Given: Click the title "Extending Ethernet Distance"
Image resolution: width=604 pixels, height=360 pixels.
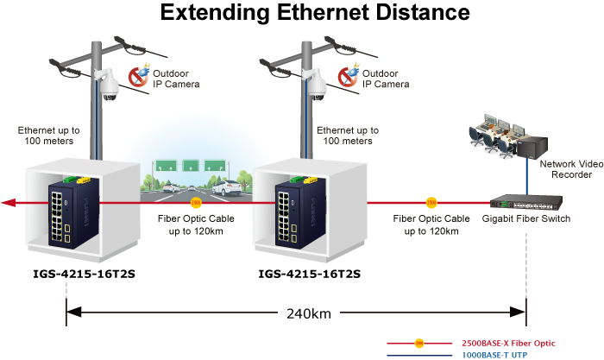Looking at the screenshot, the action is [x=315, y=12].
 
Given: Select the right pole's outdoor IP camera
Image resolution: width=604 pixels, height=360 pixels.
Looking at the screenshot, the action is [x=316, y=85].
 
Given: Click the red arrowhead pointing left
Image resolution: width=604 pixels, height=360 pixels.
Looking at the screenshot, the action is [x=9, y=202].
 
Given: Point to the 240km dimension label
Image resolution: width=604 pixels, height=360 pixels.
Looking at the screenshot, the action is [x=309, y=313].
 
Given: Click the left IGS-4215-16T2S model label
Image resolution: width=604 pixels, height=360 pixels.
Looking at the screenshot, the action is [x=84, y=274].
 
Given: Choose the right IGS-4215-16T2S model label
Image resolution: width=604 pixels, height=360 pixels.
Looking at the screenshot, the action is [x=309, y=274].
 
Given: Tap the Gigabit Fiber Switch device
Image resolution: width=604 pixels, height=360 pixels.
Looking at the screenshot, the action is [x=526, y=202].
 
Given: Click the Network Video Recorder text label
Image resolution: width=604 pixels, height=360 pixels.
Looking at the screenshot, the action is [x=571, y=169].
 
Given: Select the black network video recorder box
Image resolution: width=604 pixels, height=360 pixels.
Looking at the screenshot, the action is [x=532, y=147].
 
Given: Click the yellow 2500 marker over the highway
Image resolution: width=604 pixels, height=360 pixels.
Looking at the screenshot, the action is [x=196, y=203].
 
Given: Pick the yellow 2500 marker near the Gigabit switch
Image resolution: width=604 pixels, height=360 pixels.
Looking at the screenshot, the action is [x=431, y=203].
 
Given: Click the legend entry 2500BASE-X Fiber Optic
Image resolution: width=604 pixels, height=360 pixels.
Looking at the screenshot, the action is [x=508, y=343].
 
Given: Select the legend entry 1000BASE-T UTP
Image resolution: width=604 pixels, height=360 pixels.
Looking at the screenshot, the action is [x=494, y=355].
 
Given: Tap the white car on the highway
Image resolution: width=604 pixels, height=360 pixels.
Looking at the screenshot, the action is [x=227, y=187].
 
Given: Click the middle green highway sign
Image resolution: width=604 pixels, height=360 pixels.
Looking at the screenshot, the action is [x=191, y=166].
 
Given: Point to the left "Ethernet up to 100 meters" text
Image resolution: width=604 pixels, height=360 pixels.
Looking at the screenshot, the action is [x=49, y=136].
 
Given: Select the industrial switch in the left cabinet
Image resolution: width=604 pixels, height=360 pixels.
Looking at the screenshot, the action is [x=73, y=212].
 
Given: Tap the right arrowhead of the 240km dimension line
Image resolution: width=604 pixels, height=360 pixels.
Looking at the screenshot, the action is [x=518, y=313].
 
